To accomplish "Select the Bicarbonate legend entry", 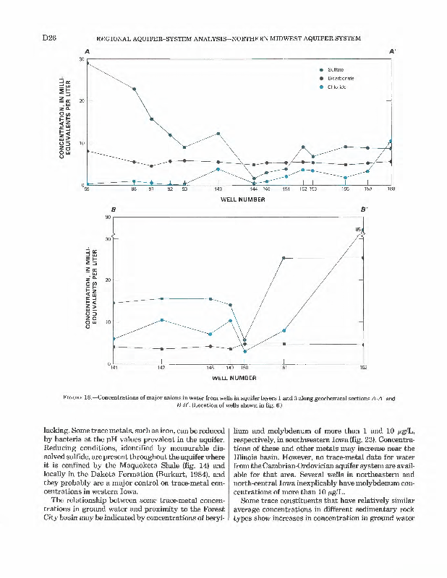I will (341, 77).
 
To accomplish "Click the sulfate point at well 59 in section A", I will (88, 63).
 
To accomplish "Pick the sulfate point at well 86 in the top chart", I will (134, 89).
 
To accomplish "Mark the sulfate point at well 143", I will (218, 134).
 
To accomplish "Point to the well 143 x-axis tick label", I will (218, 189).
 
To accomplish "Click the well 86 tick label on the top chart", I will (134, 189).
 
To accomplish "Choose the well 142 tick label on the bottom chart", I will (161, 368).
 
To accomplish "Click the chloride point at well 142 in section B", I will (162, 319).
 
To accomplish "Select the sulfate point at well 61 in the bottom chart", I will (284, 258).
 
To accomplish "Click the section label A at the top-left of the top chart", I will (87, 51).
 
